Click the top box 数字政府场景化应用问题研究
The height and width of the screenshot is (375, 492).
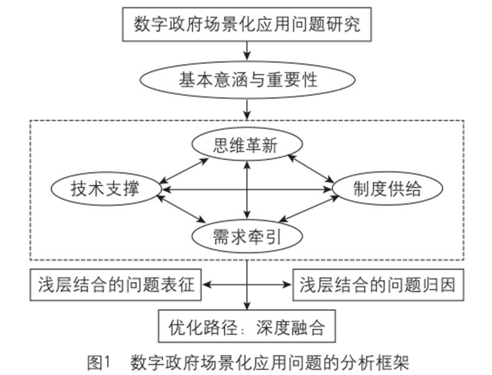(248, 26)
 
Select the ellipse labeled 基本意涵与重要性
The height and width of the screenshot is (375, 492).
(248, 80)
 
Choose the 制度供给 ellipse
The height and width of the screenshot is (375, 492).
(387, 189)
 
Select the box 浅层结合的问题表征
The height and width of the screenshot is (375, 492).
(115, 285)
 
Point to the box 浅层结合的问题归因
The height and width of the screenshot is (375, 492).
(379, 285)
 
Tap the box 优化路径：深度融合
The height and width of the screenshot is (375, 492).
(248, 326)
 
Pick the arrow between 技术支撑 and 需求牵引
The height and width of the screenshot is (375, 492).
(182, 209)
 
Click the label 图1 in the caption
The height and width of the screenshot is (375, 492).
(98, 362)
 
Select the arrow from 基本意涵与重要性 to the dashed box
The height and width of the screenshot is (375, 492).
(248, 108)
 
